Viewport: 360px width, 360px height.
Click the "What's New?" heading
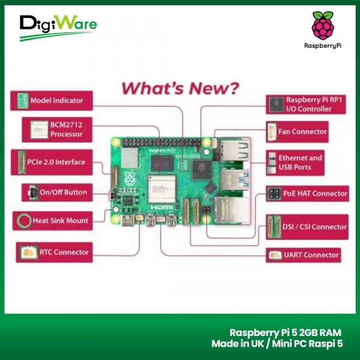click(x=180, y=89)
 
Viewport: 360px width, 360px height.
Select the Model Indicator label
click(x=56, y=100)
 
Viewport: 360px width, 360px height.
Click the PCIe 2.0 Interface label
click(x=58, y=162)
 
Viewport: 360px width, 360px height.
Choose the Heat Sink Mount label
click(x=60, y=221)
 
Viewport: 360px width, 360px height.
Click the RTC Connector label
click(x=64, y=253)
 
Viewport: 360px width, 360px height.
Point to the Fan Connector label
click(x=306, y=131)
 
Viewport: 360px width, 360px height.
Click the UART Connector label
click(x=313, y=255)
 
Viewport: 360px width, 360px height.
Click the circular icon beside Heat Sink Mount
click(x=23, y=221)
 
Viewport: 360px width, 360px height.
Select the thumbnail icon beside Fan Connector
click(x=274, y=131)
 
